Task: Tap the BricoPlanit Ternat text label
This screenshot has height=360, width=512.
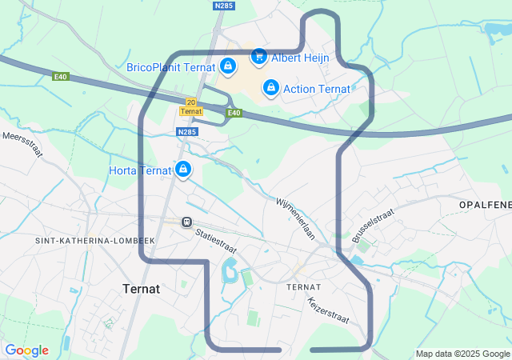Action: click(x=171, y=67)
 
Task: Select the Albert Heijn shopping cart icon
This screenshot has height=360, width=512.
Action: click(x=258, y=56)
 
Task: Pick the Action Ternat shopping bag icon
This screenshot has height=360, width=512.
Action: click(x=270, y=87)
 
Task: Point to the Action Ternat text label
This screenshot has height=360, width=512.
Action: click(x=317, y=89)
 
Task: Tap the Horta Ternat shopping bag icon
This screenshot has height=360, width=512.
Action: click(x=183, y=170)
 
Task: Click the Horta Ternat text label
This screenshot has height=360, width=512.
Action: click(x=140, y=170)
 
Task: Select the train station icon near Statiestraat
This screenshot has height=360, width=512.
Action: click(x=186, y=222)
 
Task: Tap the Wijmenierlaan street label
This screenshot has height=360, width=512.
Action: click(x=296, y=218)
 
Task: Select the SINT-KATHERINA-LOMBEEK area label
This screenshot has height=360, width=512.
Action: click(x=94, y=240)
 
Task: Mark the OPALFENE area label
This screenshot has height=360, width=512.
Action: click(x=485, y=206)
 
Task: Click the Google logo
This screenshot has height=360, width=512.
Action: click(x=26, y=350)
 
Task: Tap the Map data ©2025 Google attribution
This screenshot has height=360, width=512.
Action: click(x=462, y=354)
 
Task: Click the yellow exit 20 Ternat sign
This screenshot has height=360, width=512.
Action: click(x=190, y=106)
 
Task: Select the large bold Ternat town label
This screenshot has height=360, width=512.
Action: click(x=141, y=288)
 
